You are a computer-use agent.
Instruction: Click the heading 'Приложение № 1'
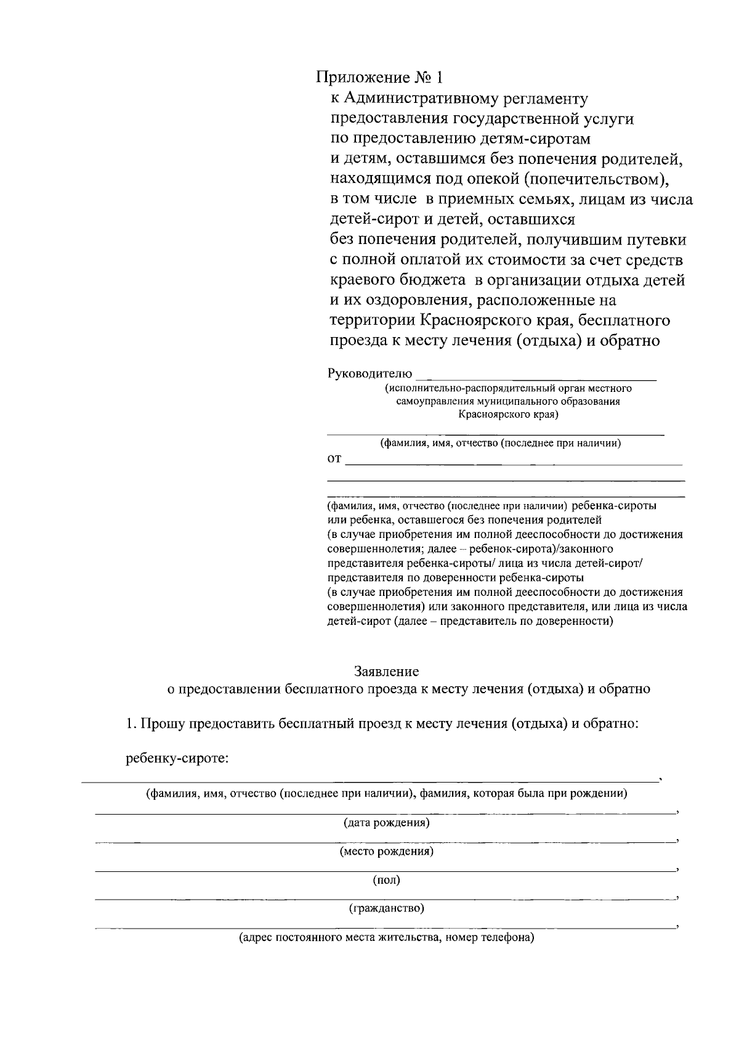tap(379, 78)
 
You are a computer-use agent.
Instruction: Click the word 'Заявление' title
tap(386, 671)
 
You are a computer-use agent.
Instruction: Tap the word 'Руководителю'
tap(369, 373)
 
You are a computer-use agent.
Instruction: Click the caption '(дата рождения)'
tap(386, 823)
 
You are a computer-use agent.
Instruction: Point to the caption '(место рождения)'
tap(386, 852)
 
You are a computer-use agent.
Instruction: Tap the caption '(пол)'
tap(386, 880)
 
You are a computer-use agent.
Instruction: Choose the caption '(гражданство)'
tap(386, 908)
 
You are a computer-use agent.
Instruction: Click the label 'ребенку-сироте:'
tap(177, 759)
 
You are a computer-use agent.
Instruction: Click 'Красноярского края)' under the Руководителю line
tap(508, 415)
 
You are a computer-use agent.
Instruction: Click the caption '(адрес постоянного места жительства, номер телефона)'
tap(386, 938)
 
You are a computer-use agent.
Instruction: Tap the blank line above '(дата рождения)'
tap(385, 813)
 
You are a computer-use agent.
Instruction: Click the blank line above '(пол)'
tap(385, 871)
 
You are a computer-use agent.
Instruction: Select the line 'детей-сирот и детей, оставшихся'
tap(453, 219)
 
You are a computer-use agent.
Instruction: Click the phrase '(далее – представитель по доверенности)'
tap(503, 622)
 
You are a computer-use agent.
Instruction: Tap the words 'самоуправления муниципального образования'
tap(508, 402)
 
